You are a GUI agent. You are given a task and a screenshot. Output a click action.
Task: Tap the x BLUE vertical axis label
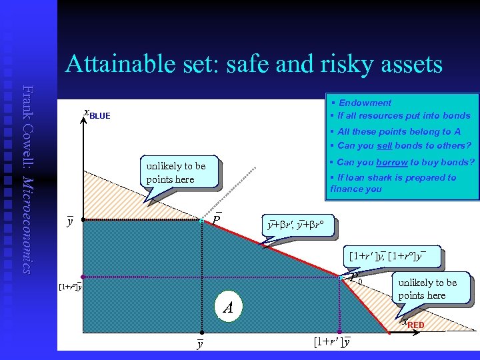[x=96, y=115]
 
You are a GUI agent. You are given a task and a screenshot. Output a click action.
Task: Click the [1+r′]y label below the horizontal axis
[x=332, y=342]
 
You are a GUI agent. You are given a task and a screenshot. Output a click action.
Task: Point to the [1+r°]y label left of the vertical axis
[x=69, y=287]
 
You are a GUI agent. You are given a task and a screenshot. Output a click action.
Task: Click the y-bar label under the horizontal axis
[x=199, y=343]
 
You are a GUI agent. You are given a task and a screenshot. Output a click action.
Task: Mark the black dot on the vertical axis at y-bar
[x=82, y=219]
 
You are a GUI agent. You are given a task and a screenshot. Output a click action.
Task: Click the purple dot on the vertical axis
[x=82, y=276]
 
